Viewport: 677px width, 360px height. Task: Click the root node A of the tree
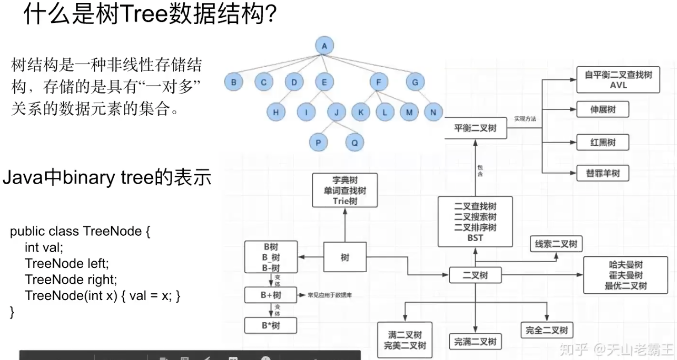point(325,45)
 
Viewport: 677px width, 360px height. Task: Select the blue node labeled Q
point(354,142)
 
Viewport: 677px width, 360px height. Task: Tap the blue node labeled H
point(276,112)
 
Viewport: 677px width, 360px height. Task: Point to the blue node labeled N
point(433,112)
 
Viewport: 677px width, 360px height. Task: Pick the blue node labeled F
point(379,82)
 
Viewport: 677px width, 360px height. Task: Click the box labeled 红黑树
point(602,142)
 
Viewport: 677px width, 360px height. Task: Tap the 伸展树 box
point(602,110)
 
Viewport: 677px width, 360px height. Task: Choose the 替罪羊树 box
point(602,174)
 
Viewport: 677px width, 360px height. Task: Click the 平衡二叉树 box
point(475,128)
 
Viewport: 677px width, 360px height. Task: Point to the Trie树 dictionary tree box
point(345,190)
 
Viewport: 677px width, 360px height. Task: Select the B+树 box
point(271,295)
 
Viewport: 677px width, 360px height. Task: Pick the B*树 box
point(271,325)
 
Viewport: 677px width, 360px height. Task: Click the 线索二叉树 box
point(556,244)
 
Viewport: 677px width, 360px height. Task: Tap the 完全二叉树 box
point(547,330)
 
